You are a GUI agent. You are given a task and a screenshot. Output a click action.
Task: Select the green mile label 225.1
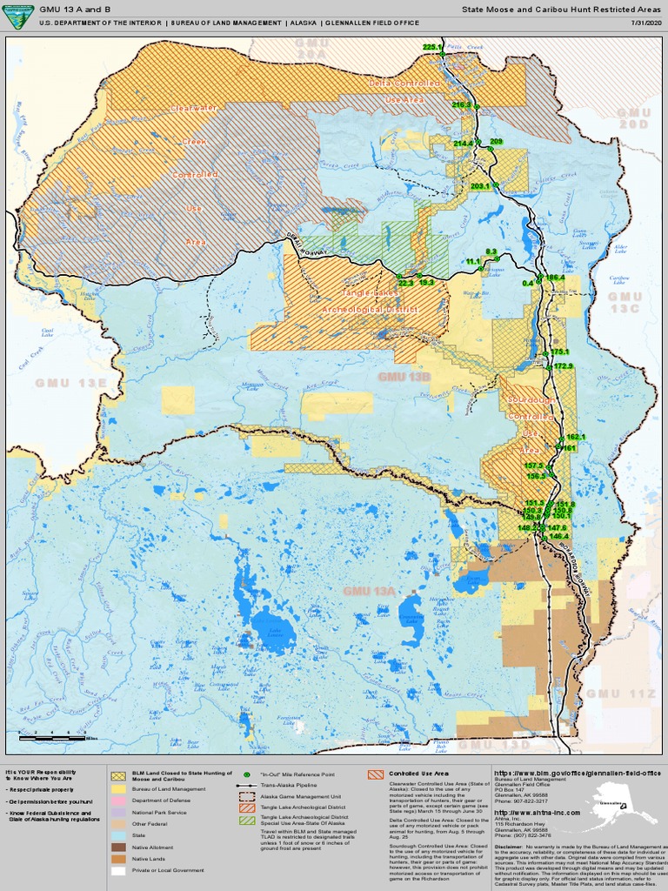432,47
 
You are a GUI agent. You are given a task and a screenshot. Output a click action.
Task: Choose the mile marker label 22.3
405,283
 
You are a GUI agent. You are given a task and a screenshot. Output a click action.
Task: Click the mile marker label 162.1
576,437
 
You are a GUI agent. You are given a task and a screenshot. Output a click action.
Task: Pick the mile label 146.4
559,536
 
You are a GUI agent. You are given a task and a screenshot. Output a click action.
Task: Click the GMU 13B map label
404,376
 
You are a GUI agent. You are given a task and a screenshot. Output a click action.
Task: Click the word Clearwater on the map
194,108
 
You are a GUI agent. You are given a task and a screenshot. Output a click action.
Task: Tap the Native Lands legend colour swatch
119,859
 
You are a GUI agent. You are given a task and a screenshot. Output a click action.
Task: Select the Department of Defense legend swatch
119,801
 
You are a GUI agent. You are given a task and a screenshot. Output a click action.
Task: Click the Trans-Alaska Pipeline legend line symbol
247,786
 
